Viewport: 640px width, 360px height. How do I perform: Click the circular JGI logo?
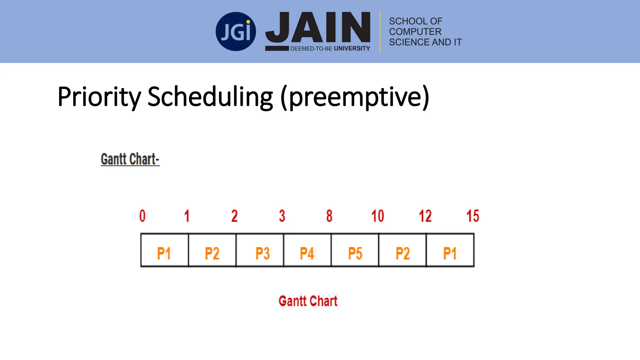[236, 32]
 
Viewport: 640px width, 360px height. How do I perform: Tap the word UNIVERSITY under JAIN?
[352, 48]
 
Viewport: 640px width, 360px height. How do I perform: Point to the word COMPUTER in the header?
[415, 32]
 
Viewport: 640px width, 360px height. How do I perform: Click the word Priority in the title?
[99, 97]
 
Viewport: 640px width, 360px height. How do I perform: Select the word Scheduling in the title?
[210, 97]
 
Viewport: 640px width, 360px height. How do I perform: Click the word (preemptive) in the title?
[355, 97]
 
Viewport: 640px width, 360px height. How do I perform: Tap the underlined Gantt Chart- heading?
[130, 159]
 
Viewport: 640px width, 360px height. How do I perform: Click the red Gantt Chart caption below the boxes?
[308, 301]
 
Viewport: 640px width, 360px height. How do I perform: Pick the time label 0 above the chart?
[142, 216]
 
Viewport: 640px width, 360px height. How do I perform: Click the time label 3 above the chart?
[282, 216]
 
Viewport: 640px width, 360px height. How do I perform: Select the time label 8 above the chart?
[329, 216]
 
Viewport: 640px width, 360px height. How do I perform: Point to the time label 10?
[377, 216]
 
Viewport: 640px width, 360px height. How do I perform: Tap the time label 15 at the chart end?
[472, 216]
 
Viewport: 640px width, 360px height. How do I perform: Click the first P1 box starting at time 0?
[165, 250]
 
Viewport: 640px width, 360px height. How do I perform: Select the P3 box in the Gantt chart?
[260, 250]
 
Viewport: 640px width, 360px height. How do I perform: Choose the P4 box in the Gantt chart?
[307, 250]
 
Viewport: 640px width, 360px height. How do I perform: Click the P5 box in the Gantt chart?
[355, 250]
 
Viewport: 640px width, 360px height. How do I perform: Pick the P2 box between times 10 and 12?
[402, 250]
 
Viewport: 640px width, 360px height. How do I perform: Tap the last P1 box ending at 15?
[450, 250]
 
